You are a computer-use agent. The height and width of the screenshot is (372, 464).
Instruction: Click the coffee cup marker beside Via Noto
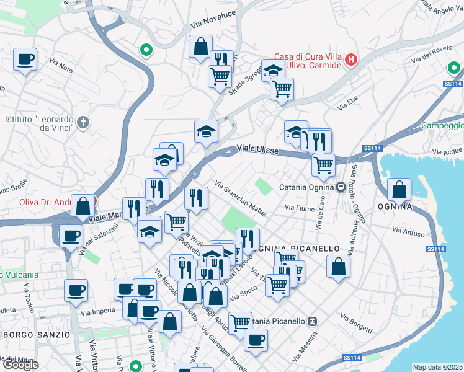click(x=25, y=60)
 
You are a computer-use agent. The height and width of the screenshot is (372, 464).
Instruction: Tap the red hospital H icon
click(x=351, y=60)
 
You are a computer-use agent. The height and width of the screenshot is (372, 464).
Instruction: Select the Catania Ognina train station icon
click(x=341, y=187)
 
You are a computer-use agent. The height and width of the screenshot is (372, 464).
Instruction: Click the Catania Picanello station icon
click(x=313, y=321)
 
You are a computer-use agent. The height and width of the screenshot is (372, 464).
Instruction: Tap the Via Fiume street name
click(x=299, y=208)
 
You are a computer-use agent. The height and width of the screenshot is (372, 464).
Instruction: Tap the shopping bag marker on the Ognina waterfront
click(x=399, y=189)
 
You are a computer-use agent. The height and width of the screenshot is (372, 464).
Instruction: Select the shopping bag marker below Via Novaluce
click(x=200, y=46)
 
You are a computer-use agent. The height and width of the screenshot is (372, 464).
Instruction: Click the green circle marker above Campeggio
click(x=453, y=68)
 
